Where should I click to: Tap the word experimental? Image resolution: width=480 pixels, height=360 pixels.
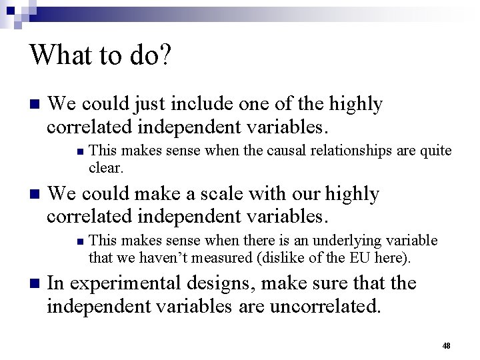123,284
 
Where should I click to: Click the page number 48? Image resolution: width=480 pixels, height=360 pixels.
447,345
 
